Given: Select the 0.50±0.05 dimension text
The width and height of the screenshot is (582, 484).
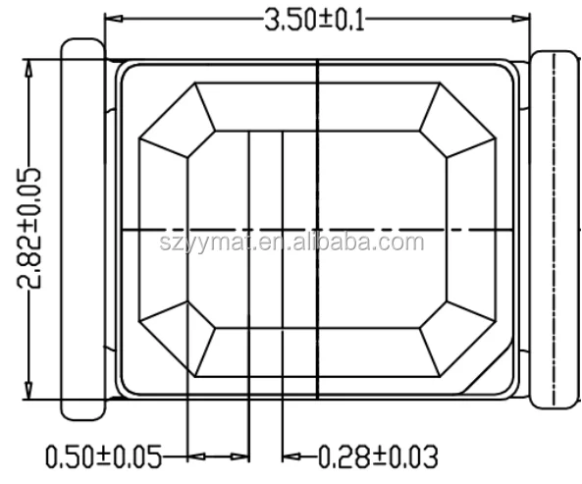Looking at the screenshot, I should pyautogui.click(x=103, y=457).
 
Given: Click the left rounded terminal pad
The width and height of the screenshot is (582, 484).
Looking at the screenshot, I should pyautogui.click(x=82, y=228).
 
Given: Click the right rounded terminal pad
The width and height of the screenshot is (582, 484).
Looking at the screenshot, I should pyautogui.click(x=556, y=228).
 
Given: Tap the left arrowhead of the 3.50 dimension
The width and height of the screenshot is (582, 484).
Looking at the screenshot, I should pyautogui.click(x=114, y=20).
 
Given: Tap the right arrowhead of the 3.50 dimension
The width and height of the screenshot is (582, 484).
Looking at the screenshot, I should pyautogui.click(x=520, y=20).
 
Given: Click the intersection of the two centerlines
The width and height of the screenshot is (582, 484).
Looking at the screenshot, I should pyautogui.click(x=318, y=229).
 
